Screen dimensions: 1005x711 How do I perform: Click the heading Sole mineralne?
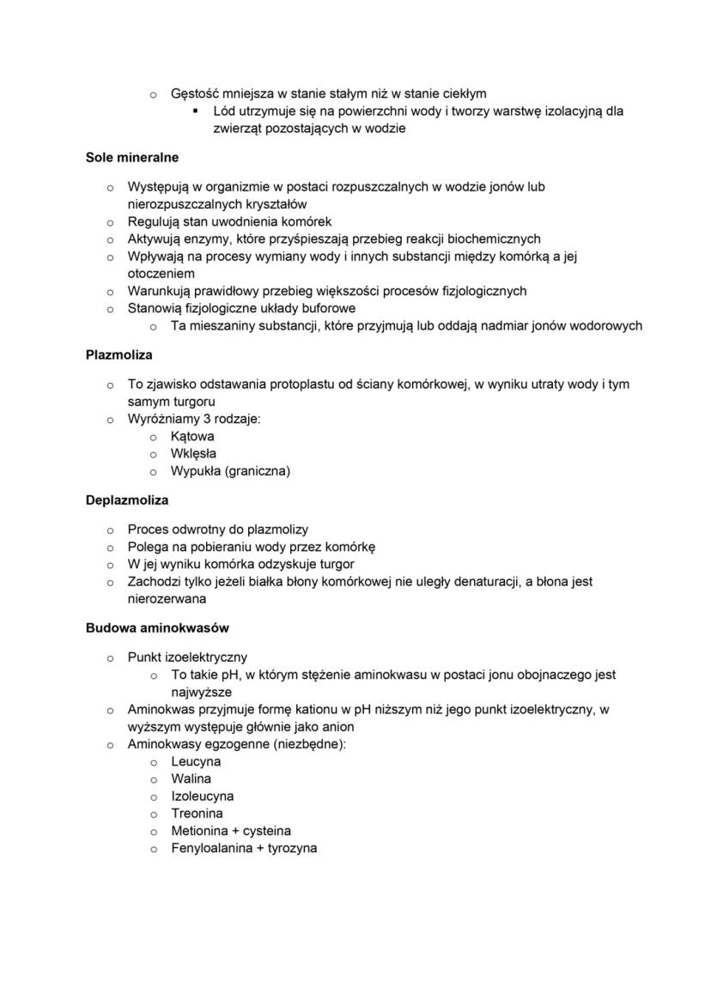pos(132,158)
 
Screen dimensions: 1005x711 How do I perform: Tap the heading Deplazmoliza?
pos(127,499)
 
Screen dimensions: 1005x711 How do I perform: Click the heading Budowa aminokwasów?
pos(157,628)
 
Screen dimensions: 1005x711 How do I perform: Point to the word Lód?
pos(225,112)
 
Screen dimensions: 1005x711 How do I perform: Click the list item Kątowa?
pos(192,437)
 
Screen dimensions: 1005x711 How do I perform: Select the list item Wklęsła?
pos(193,454)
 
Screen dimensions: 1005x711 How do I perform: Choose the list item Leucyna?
pos(196,762)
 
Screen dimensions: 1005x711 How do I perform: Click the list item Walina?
pos(191,779)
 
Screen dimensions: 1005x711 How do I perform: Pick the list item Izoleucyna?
pos(202,796)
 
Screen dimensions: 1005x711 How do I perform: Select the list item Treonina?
pos(197,814)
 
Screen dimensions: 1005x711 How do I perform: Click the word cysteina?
pos(267,831)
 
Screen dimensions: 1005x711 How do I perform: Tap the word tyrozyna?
pos(288,848)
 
